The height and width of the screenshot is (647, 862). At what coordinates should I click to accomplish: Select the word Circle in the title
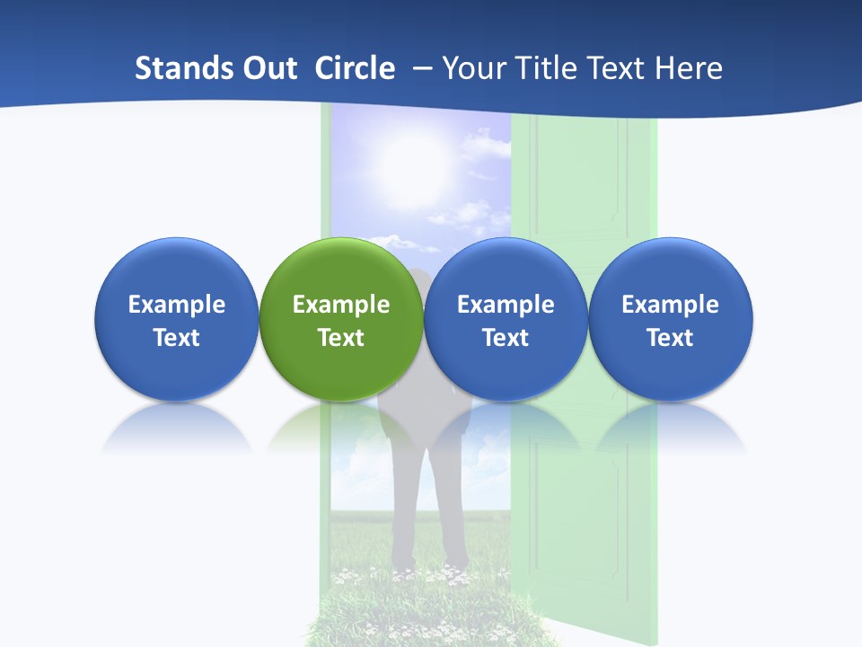pyautogui.click(x=355, y=67)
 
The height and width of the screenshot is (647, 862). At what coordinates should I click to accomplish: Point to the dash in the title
pyautogui.click(x=422, y=67)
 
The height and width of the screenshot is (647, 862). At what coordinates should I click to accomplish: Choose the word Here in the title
pyautogui.click(x=686, y=67)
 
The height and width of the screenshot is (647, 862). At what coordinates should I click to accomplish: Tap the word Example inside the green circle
pyautogui.click(x=341, y=305)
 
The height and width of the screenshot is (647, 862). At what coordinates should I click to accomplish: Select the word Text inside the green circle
pyautogui.click(x=341, y=338)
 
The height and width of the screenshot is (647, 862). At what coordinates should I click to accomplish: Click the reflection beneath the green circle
pyautogui.click(x=341, y=427)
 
